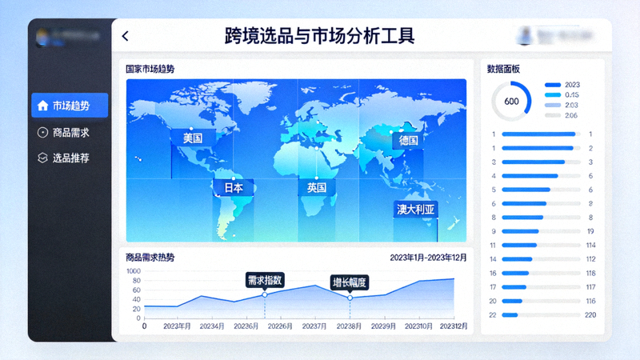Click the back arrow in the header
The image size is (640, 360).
tap(126, 36)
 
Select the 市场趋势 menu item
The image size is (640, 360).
tap(70, 106)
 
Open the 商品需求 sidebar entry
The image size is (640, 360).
tap(70, 133)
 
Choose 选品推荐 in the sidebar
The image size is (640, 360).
tap(70, 158)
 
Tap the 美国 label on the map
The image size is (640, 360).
tap(193, 138)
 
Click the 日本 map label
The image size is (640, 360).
tap(233, 188)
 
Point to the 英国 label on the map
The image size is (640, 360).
tap(316, 188)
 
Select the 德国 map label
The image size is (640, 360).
tap(408, 140)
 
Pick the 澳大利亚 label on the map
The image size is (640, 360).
tap(416, 210)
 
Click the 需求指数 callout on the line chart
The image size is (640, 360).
tap(264, 280)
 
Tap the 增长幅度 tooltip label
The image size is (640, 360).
tap(350, 282)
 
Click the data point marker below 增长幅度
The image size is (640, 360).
tap(350, 298)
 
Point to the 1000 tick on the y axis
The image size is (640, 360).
tap(133, 271)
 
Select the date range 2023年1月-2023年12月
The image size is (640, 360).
tap(427, 258)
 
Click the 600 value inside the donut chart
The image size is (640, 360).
tap(511, 102)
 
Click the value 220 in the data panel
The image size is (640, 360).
tap(590, 314)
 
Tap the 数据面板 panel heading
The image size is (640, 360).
tap(503, 69)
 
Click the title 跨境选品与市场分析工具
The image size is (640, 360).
tap(319, 36)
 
